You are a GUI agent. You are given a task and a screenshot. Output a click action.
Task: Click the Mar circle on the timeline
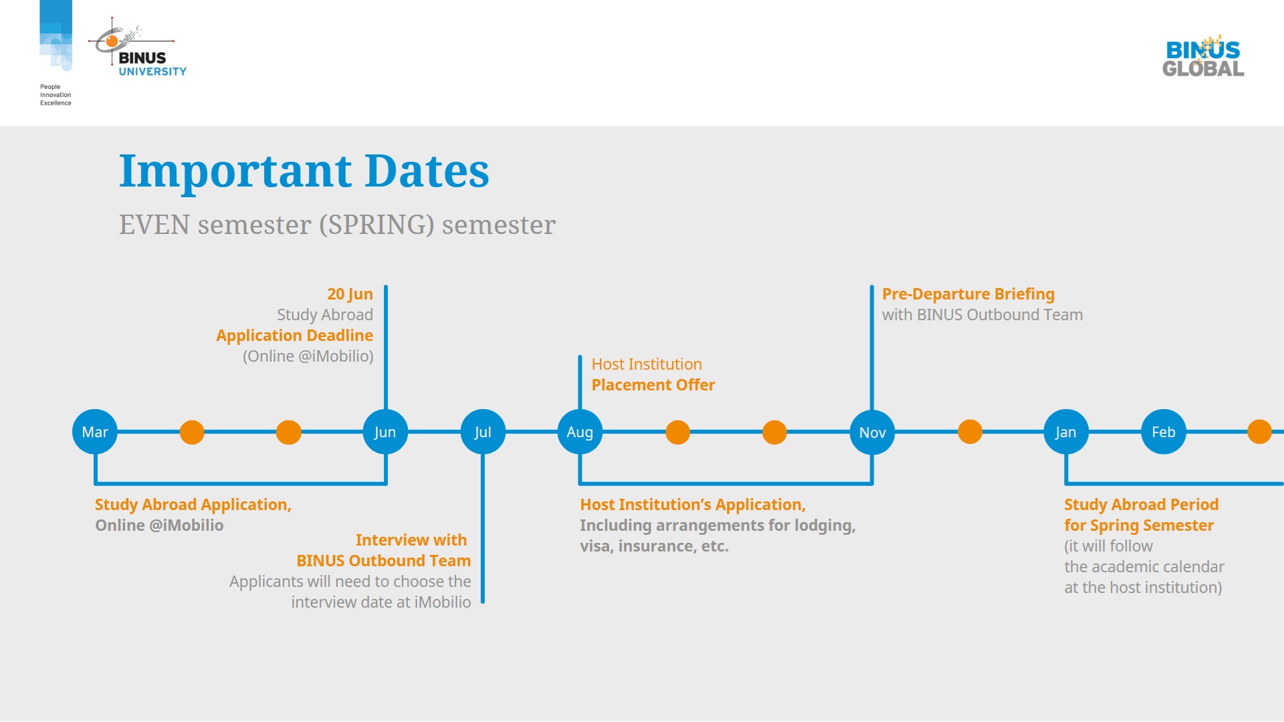pos(95,432)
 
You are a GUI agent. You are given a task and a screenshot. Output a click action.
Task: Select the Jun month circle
pos(385,432)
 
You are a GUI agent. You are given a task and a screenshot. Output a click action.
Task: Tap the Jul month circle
pos(483,432)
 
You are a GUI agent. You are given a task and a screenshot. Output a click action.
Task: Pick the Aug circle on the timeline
pos(580,432)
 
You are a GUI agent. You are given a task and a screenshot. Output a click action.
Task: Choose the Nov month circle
pos(872,433)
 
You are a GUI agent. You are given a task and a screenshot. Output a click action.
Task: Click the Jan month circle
pos(1066,432)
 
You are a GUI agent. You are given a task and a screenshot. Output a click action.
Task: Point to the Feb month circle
pos(1164,432)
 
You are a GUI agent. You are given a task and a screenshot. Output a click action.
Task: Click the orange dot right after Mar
pos(192,432)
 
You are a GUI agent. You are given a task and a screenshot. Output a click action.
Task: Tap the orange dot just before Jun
pos(289,432)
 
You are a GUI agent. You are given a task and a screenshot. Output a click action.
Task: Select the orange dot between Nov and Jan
pos(970,432)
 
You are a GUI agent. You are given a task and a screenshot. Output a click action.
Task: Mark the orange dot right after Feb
pos(1259,432)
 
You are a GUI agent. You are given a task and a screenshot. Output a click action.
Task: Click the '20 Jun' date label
pos(350,294)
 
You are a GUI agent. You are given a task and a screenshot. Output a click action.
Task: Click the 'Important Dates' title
pos(304,171)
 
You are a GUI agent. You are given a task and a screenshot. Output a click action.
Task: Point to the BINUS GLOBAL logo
pos(1203,56)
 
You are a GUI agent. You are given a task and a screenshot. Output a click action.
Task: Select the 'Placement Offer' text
pos(653,385)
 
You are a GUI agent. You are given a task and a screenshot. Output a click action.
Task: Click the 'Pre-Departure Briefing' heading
pos(968,294)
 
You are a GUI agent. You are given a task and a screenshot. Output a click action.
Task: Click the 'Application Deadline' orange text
pos(294,336)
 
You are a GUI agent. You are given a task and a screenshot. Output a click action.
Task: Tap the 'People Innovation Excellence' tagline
pos(56,95)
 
